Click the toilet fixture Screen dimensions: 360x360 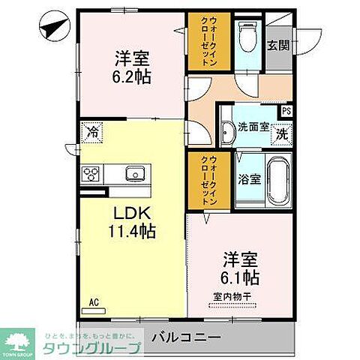tap(246, 34)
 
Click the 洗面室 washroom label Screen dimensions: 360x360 tap(253, 127)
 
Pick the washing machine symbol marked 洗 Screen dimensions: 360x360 tap(280, 135)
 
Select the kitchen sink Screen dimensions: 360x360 tap(135, 173)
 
